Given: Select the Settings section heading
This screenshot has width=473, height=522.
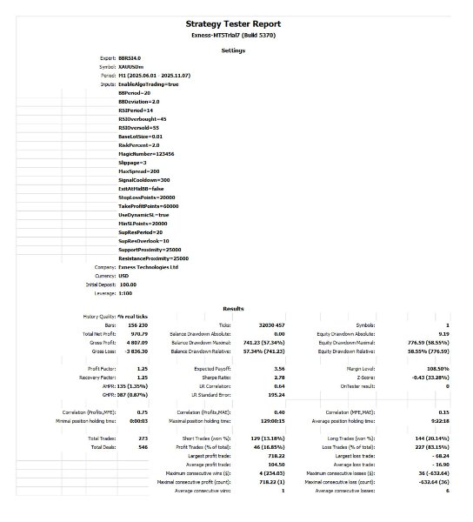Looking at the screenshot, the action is coord(233,50).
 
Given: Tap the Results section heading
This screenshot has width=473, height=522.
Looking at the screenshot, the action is coord(233,309).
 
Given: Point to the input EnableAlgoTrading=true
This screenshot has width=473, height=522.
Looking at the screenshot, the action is coord(149,84).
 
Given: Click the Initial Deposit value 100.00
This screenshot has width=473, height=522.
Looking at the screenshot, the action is coord(129,284).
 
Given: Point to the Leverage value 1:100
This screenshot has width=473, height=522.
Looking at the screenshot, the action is coord(126,293).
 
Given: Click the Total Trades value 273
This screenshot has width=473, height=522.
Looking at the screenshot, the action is coord(117,438).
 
